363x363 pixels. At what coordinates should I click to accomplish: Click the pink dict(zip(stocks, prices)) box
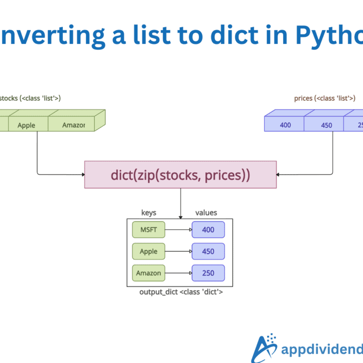pos(181,174)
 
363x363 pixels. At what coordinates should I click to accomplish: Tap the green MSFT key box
pos(149,230)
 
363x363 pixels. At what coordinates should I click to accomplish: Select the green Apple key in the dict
pos(149,251)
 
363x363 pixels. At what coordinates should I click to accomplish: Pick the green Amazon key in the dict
pos(149,273)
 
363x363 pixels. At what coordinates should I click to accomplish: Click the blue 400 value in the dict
pos(208,230)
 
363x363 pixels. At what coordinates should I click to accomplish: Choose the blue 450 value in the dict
pos(208,251)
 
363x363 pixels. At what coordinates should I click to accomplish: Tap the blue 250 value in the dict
pos(208,273)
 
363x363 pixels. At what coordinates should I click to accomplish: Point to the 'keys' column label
pos(149,212)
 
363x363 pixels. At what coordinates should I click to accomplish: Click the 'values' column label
pos(206,212)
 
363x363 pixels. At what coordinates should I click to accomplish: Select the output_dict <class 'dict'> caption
pos(181,292)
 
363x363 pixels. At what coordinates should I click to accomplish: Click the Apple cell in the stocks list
pos(27,125)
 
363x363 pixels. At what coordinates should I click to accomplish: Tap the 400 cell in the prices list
pos(286,125)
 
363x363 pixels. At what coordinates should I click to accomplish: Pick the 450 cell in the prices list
pos(327,125)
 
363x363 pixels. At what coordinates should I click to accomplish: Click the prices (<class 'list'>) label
pos(325,98)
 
